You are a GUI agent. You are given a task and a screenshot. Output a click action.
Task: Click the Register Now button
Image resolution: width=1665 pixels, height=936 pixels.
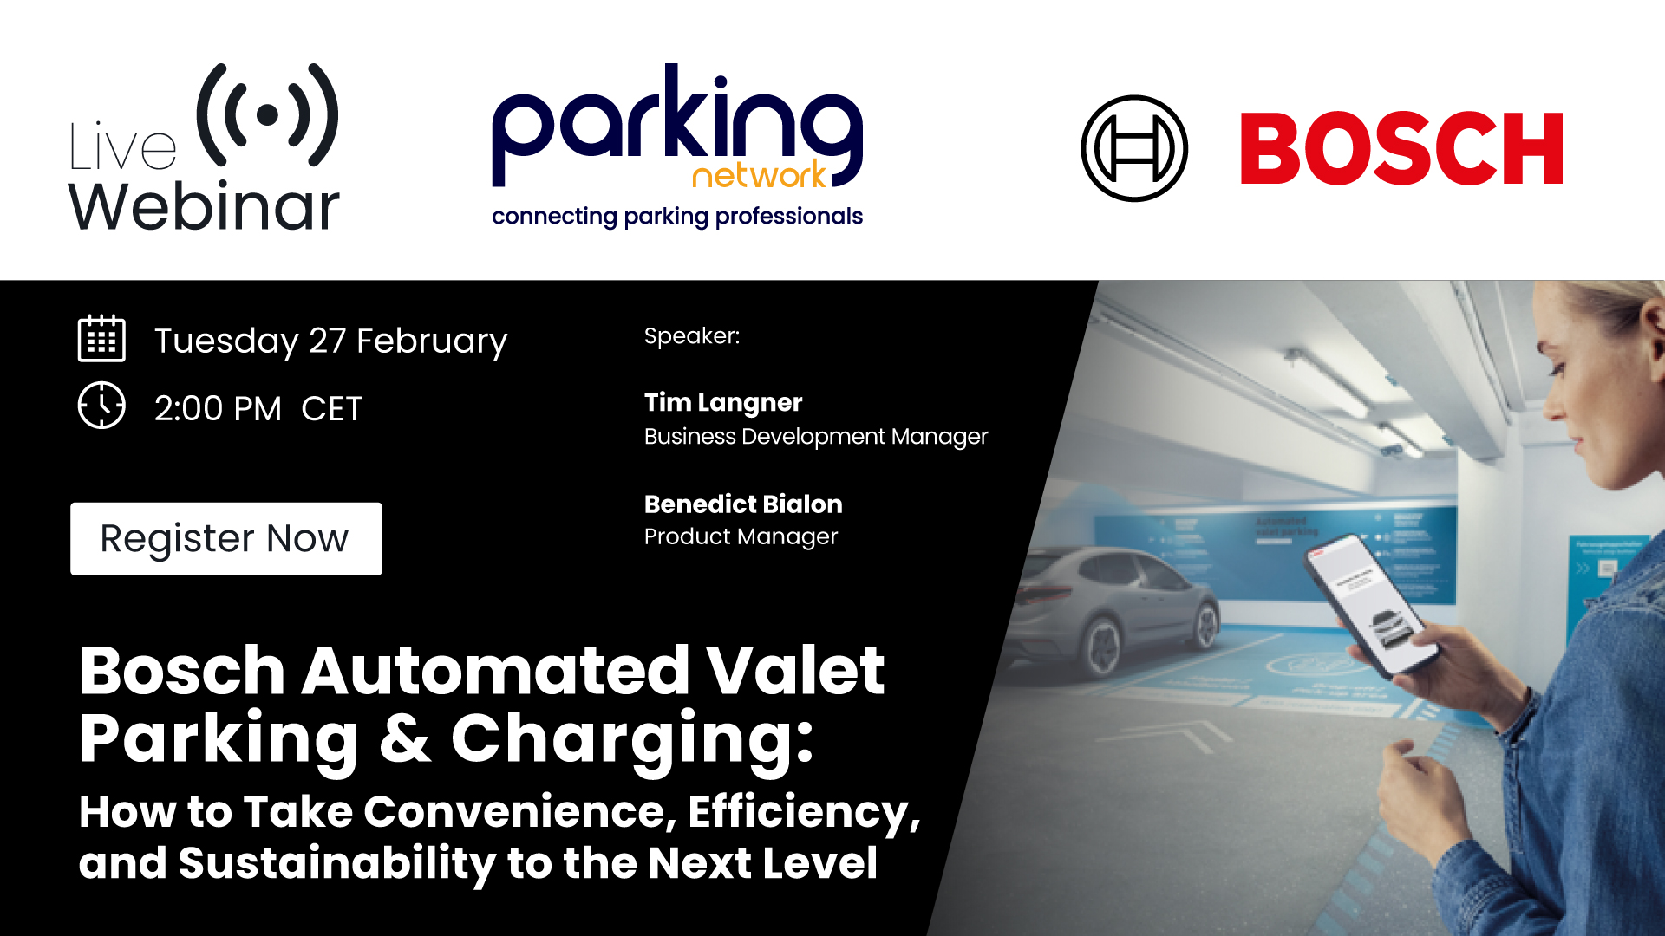[225, 538]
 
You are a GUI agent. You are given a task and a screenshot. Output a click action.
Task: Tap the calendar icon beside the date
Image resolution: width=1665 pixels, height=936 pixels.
[101, 339]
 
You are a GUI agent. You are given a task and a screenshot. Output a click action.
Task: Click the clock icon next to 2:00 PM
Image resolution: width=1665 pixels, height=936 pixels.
[101, 405]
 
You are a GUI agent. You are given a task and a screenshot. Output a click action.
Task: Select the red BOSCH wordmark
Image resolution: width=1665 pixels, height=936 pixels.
[1401, 149]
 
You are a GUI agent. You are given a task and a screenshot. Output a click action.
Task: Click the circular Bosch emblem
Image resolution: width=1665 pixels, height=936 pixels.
[1133, 148]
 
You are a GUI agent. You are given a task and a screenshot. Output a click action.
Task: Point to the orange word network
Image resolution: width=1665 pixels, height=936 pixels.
[759, 175]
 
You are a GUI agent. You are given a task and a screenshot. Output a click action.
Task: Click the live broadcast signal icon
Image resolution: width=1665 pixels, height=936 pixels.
[267, 114]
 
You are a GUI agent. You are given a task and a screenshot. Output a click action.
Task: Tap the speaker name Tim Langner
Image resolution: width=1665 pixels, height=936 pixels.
[723, 403]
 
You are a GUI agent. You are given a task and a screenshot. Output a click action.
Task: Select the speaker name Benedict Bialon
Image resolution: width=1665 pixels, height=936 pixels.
[743, 504]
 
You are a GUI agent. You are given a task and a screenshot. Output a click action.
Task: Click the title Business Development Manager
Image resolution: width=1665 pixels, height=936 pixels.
[815, 437]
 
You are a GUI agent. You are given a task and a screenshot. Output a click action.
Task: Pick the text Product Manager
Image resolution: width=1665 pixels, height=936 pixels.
[741, 537]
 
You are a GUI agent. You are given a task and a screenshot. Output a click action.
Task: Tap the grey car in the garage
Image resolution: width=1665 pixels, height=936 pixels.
[1119, 611]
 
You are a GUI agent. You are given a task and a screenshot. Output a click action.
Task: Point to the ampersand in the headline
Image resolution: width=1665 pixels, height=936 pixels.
[405, 738]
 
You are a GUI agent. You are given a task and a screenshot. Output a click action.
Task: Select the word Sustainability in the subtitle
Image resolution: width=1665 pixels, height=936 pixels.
[336, 863]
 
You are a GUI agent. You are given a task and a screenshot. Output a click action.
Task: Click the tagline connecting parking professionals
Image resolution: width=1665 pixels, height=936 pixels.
[676, 216]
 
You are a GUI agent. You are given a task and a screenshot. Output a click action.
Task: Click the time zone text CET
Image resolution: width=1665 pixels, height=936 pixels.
[331, 409]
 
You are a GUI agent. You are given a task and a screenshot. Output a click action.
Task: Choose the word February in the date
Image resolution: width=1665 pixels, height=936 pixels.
[432, 341]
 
